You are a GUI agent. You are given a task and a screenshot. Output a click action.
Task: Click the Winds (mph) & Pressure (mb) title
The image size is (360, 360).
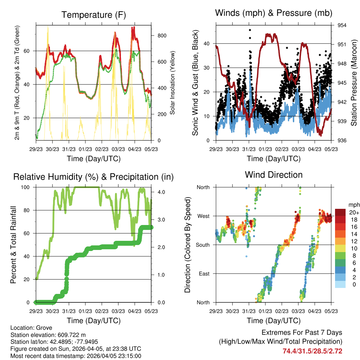[274, 13]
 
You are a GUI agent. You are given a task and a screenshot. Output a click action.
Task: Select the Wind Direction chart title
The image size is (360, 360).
[274, 175]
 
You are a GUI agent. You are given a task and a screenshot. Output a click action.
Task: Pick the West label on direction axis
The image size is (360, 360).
[203, 216]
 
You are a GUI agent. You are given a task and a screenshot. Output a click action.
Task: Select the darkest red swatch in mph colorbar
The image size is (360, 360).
[340, 212]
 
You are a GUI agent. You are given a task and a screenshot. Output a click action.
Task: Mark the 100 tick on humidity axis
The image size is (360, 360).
[26, 187]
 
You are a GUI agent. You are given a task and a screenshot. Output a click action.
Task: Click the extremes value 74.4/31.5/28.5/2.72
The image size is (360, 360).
[312, 351]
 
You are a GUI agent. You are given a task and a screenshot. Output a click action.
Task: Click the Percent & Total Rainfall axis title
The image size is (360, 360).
[13, 245]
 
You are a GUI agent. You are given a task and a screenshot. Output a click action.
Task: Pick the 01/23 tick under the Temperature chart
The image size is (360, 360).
[85, 149]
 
